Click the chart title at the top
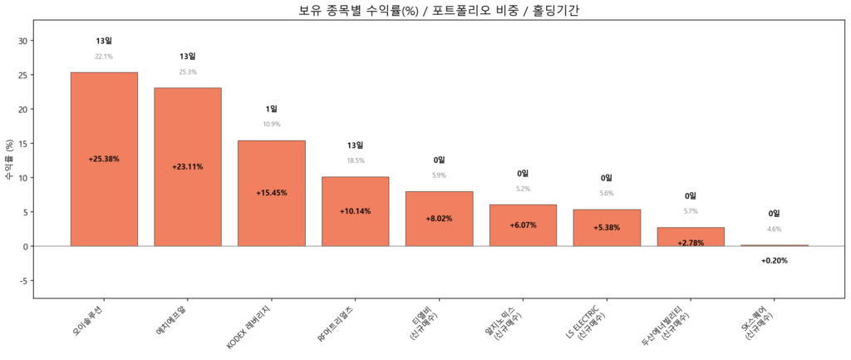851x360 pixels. point(425,10)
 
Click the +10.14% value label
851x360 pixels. point(355,211)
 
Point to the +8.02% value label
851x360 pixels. point(439,219)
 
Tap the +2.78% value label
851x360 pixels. point(691,243)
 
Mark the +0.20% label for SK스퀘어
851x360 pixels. point(774,261)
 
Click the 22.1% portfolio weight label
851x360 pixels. point(104,57)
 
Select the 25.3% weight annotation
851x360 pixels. point(188,72)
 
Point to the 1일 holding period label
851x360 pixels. point(272,109)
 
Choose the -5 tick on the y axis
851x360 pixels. point(22,281)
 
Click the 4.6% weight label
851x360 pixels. point(774,229)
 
